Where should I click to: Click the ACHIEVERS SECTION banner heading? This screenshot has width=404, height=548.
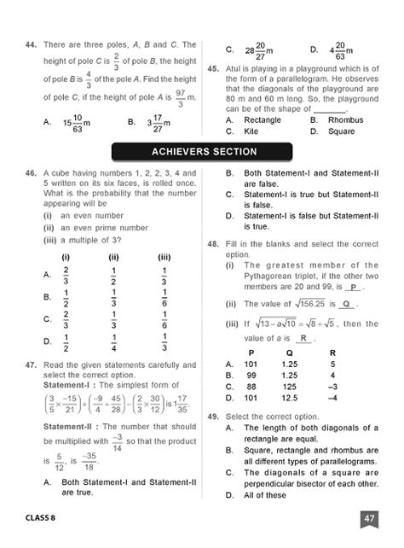pyautogui.click(x=203, y=152)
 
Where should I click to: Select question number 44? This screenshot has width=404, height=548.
pyautogui.click(x=32, y=44)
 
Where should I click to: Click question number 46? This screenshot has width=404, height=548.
pyautogui.click(x=32, y=173)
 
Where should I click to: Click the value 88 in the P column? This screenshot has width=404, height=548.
pyautogui.click(x=251, y=385)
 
